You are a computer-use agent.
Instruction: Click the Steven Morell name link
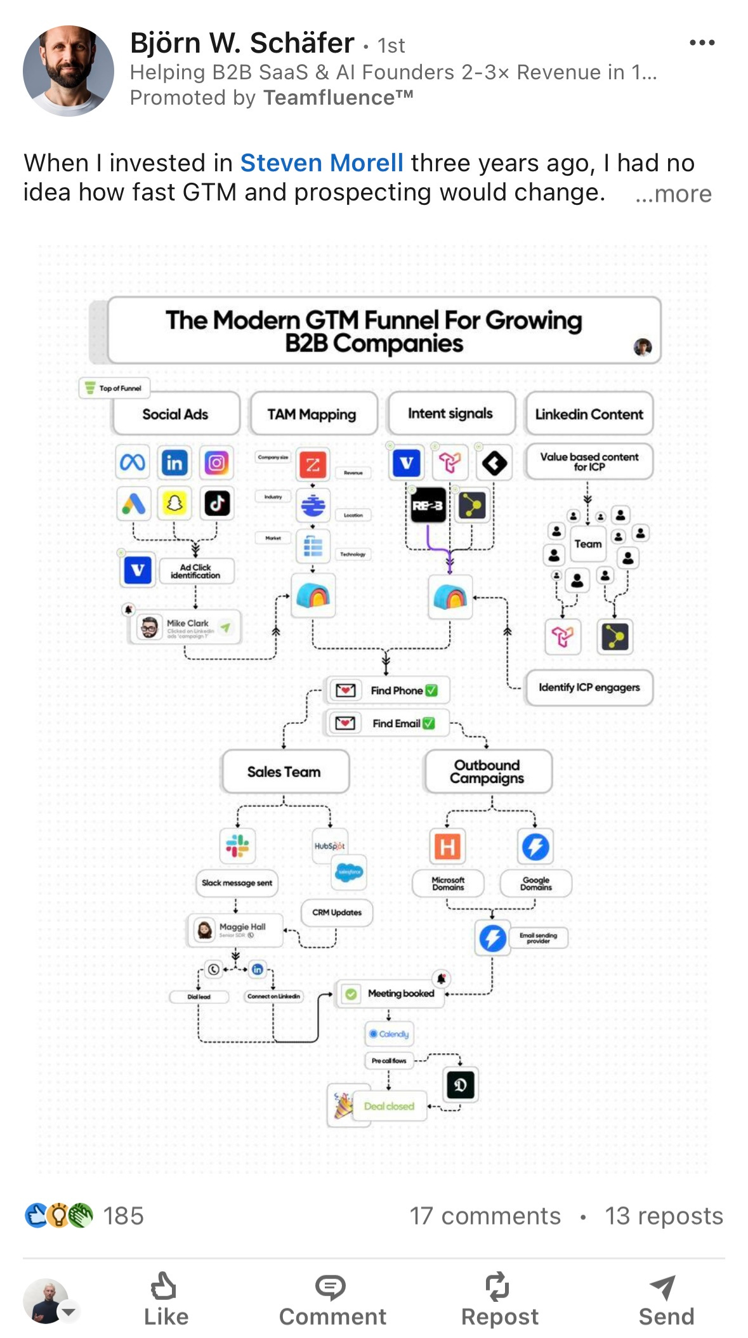[321, 163]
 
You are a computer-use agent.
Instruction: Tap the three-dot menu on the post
[702, 43]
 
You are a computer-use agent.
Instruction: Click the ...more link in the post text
[673, 194]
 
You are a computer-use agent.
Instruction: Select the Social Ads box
[176, 414]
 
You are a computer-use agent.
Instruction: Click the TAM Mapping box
[312, 414]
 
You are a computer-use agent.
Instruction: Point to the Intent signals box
[450, 414]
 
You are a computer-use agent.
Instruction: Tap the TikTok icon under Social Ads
[217, 504]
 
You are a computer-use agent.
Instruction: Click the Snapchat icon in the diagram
[174, 504]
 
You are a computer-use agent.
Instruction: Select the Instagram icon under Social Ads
[216, 462]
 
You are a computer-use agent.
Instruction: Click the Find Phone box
[387, 690]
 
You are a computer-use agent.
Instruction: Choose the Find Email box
[387, 723]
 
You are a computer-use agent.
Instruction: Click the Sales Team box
[284, 772]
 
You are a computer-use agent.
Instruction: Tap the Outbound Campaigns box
[487, 771]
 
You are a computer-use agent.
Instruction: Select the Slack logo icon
[237, 846]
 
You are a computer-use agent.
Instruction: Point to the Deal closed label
[389, 1106]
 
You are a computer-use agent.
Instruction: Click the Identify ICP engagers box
[589, 688]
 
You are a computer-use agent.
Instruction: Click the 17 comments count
[485, 1216]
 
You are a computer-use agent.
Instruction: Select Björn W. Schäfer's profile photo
[68, 71]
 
